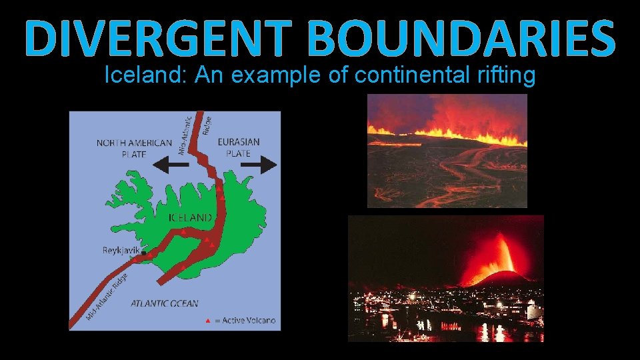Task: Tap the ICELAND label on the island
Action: [190, 218]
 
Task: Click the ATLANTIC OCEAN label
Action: [164, 304]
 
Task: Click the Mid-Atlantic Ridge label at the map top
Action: [189, 133]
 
